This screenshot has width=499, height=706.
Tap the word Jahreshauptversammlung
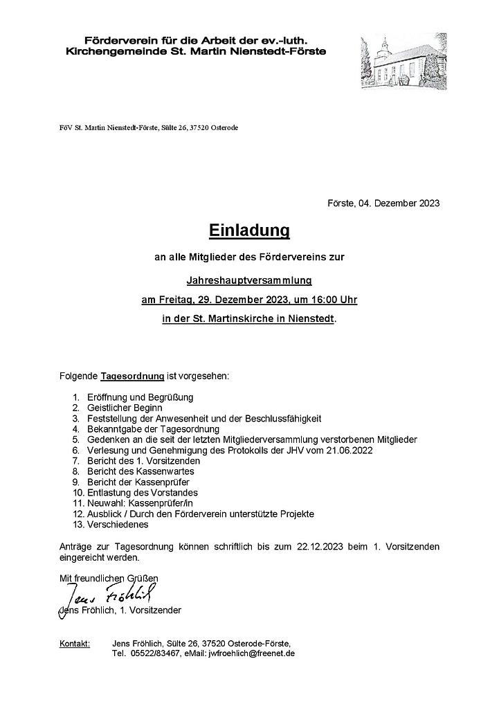coord(249,280)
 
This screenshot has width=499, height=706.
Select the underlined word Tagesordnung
coord(133,376)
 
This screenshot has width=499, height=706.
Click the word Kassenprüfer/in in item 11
coord(166,503)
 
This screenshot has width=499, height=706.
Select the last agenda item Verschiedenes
coord(119,525)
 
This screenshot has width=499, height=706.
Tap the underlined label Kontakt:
coord(75,644)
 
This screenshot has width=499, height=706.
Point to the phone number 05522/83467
coord(154,653)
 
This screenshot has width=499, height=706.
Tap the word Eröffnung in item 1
coord(108,397)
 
